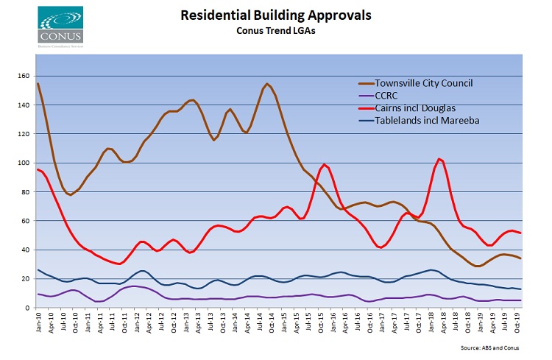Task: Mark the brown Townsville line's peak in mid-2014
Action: [x=266, y=84]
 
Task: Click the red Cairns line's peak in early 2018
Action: [x=439, y=159]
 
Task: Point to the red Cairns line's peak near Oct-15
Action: [x=324, y=164]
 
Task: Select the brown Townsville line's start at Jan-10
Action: [x=38, y=83]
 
